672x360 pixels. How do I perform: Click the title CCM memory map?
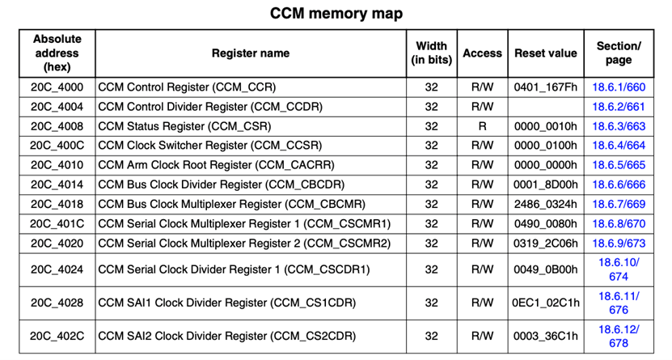click(x=336, y=13)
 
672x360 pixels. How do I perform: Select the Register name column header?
click(x=251, y=53)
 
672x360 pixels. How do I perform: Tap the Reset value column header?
click(x=546, y=53)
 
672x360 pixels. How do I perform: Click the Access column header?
click(x=482, y=53)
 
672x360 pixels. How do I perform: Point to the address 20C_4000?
click(x=57, y=87)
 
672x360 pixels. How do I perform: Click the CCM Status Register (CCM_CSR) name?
click(x=184, y=126)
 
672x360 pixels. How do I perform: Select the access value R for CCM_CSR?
click(x=482, y=126)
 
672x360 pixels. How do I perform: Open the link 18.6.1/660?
click(x=619, y=87)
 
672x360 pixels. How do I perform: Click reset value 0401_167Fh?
click(x=546, y=87)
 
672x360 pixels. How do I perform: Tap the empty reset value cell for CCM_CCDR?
click(x=546, y=107)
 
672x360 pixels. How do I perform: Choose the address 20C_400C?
click(x=57, y=146)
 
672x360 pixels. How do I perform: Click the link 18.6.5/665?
click(x=619, y=165)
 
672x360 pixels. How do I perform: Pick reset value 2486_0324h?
click(x=546, y=205)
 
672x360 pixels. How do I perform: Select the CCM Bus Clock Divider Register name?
click(x=221, y=184)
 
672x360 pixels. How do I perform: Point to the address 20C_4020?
click(x=57, y=244)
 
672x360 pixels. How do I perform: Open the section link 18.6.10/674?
click(x=619, y=269)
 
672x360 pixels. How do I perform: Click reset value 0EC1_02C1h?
click(x=546, y=303)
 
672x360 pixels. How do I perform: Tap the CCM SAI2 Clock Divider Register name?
click(x=226, y=336)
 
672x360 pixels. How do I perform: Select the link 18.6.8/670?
click(x=619, y=224)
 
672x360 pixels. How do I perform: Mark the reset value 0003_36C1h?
click(x=546, y=336)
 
